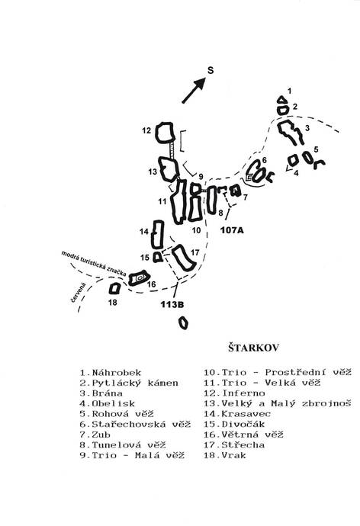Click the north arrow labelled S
(x=194, y=90)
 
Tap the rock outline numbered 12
(x=156, y=133)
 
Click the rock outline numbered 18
(x=111, y=289)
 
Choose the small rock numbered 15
(x=154, y=258)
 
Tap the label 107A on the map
(x=232, y=230)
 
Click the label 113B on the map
(x=172, y=305)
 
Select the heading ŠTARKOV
(x=254, y=348)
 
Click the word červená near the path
(x=79, y=292)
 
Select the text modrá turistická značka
(x=94, y=264)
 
